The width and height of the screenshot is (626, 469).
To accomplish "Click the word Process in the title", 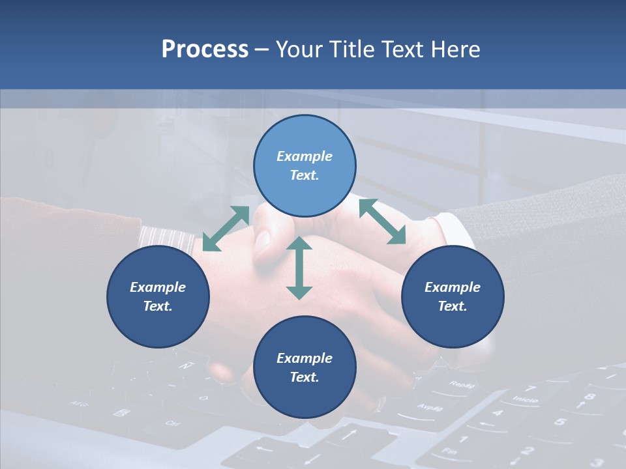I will (x=205, y=50).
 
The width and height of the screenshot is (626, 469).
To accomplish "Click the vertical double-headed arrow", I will (x=299, y=268).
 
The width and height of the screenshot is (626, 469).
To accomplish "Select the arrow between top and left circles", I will (x=226, y=228).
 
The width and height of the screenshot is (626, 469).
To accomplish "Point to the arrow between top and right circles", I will (x=382, y=221).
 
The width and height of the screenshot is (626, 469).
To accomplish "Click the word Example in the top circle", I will (x=305, y=156).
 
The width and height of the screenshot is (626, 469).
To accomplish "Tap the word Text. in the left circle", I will (x=158, y=306).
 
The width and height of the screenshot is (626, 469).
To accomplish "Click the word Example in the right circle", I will (x=453, y=287).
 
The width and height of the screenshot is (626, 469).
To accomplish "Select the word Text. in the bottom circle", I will (x=305, y=377).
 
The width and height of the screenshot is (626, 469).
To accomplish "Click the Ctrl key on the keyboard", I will (x=172, y=423).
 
